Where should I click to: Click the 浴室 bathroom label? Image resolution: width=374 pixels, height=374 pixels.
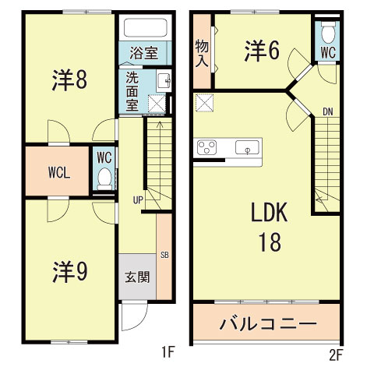pos(143,54)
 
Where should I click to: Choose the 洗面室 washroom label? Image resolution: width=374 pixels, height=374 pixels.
pos(133,92)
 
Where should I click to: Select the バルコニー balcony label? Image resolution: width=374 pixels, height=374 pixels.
pos(266,323)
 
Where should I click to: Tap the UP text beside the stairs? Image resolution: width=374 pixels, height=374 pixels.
pos(137,200)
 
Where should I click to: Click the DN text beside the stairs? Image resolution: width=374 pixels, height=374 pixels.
pos(329,113)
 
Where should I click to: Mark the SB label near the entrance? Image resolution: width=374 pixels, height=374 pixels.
pos(164,255)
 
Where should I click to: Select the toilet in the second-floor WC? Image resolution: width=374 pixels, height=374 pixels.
pos(328,34)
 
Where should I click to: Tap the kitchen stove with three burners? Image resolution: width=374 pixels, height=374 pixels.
pos(208,147)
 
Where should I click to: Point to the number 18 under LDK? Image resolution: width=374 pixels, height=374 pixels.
pos(270,242)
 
